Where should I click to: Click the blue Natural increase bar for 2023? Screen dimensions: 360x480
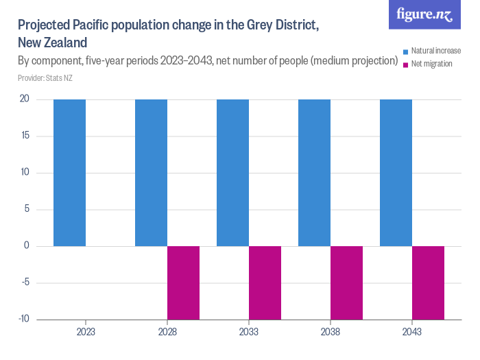tap(69, 173)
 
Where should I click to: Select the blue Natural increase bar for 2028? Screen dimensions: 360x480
tap(151, 173)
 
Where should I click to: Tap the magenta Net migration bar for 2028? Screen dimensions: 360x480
tap(183, 283)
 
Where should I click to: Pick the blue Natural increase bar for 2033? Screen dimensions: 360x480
tap(232, 173)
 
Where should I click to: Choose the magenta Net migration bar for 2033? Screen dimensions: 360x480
tap(265, 283)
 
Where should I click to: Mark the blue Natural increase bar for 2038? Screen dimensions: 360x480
tap(314, 173)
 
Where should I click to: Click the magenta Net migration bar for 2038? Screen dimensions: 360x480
tap(346, 283)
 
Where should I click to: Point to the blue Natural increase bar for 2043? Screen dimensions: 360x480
tap(396, 173)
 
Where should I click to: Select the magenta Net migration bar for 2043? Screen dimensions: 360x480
tap(428, 283)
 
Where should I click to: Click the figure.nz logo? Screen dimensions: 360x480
tap(424, 14)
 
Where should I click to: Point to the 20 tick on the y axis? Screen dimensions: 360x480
tap(24, 99)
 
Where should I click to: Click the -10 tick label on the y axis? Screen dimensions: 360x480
tap(23, 320)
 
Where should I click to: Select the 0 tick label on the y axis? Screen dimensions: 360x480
tap(26, 246)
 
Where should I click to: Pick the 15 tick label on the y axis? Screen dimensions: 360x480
tap(24, 136)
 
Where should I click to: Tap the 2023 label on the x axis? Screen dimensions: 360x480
tap(86, 331)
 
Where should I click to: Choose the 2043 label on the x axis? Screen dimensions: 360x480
tap(411, 331)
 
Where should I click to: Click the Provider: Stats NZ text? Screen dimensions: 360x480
tap(45, 78)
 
